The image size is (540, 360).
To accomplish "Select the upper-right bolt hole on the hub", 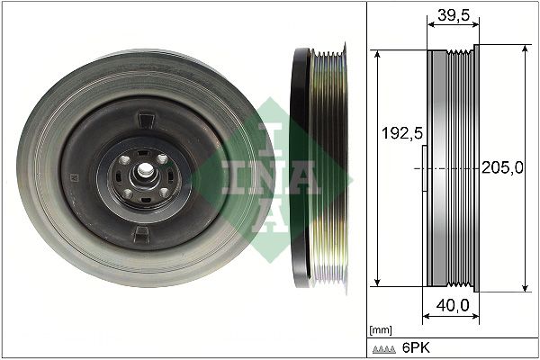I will (x=162, y=158).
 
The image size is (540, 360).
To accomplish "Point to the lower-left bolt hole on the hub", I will (x=128, y=192).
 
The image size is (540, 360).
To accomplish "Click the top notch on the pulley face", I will (x=143, y=117).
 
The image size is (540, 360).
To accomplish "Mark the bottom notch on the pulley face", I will (x=141, y=234).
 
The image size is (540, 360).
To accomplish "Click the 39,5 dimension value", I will (x=450, y=14).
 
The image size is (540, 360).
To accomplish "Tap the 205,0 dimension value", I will (x=502, y=167).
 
